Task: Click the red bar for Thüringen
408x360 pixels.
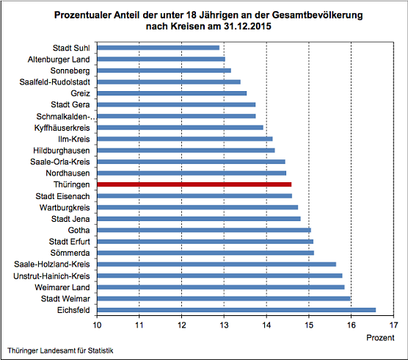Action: pos(194,184)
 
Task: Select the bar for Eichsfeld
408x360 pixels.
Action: pos(236,310)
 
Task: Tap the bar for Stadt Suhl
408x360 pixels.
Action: pos(158,47)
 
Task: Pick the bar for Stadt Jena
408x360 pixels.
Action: pos(198,218)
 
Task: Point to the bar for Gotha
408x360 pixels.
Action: pos(203,230)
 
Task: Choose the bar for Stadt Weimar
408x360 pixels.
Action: pos(223,298)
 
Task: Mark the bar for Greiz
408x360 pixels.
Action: pos(171,93)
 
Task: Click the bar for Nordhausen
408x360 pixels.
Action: pos(191,173)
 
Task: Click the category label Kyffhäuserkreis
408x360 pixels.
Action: pos(62,127)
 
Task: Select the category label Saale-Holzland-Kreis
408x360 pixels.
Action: pos(52,264)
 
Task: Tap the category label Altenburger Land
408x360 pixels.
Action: pos(59,59)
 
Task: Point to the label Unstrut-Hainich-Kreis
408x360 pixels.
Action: pos(51,276)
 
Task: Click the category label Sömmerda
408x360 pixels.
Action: pos(70,253)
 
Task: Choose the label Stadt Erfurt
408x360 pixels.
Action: pos(70,242)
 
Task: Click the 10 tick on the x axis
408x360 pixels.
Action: pos(96,324)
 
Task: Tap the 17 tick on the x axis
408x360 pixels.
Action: pos(395,324)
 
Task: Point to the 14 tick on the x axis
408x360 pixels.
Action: pos(266,324)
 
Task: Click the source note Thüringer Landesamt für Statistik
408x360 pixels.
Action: pos(61,350)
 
